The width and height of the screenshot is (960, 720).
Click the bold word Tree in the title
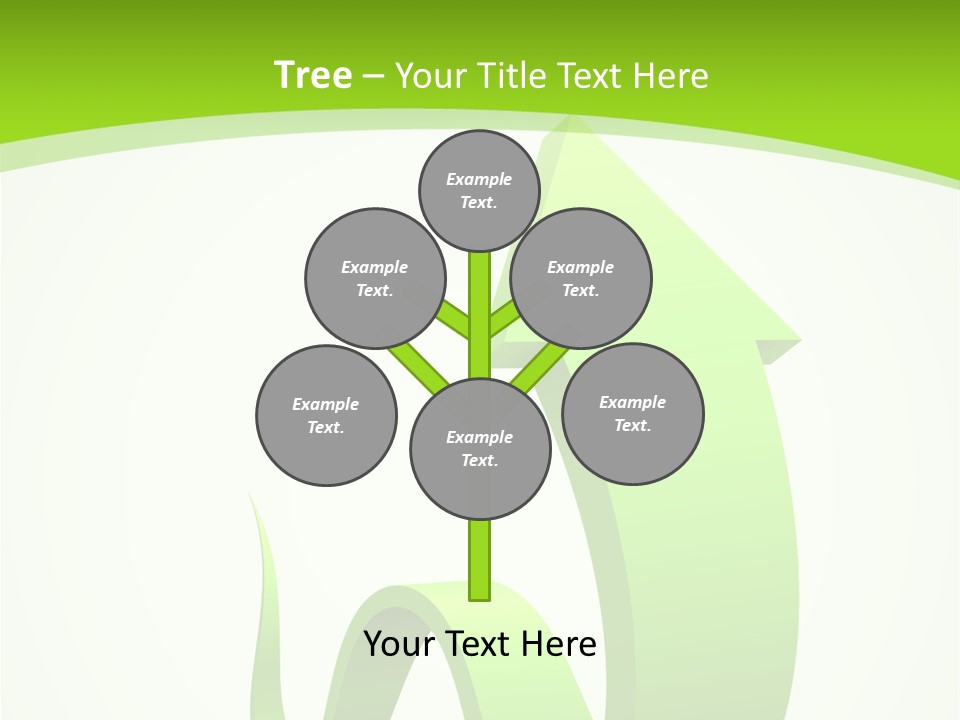313,75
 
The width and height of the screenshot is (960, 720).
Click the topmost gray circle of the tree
479,190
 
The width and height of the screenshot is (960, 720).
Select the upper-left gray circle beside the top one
374,278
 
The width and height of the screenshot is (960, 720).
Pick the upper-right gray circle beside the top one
581,278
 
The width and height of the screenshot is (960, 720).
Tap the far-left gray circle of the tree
326,415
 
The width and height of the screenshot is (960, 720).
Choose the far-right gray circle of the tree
633,413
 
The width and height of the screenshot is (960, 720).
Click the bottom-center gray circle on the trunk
480,448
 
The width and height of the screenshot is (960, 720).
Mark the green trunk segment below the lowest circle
480,560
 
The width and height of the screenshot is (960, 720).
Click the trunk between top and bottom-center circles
480,315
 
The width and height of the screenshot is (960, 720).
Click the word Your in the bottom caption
400,643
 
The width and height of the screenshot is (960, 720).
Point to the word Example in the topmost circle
479,179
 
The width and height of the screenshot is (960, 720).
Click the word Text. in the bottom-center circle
479,460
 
